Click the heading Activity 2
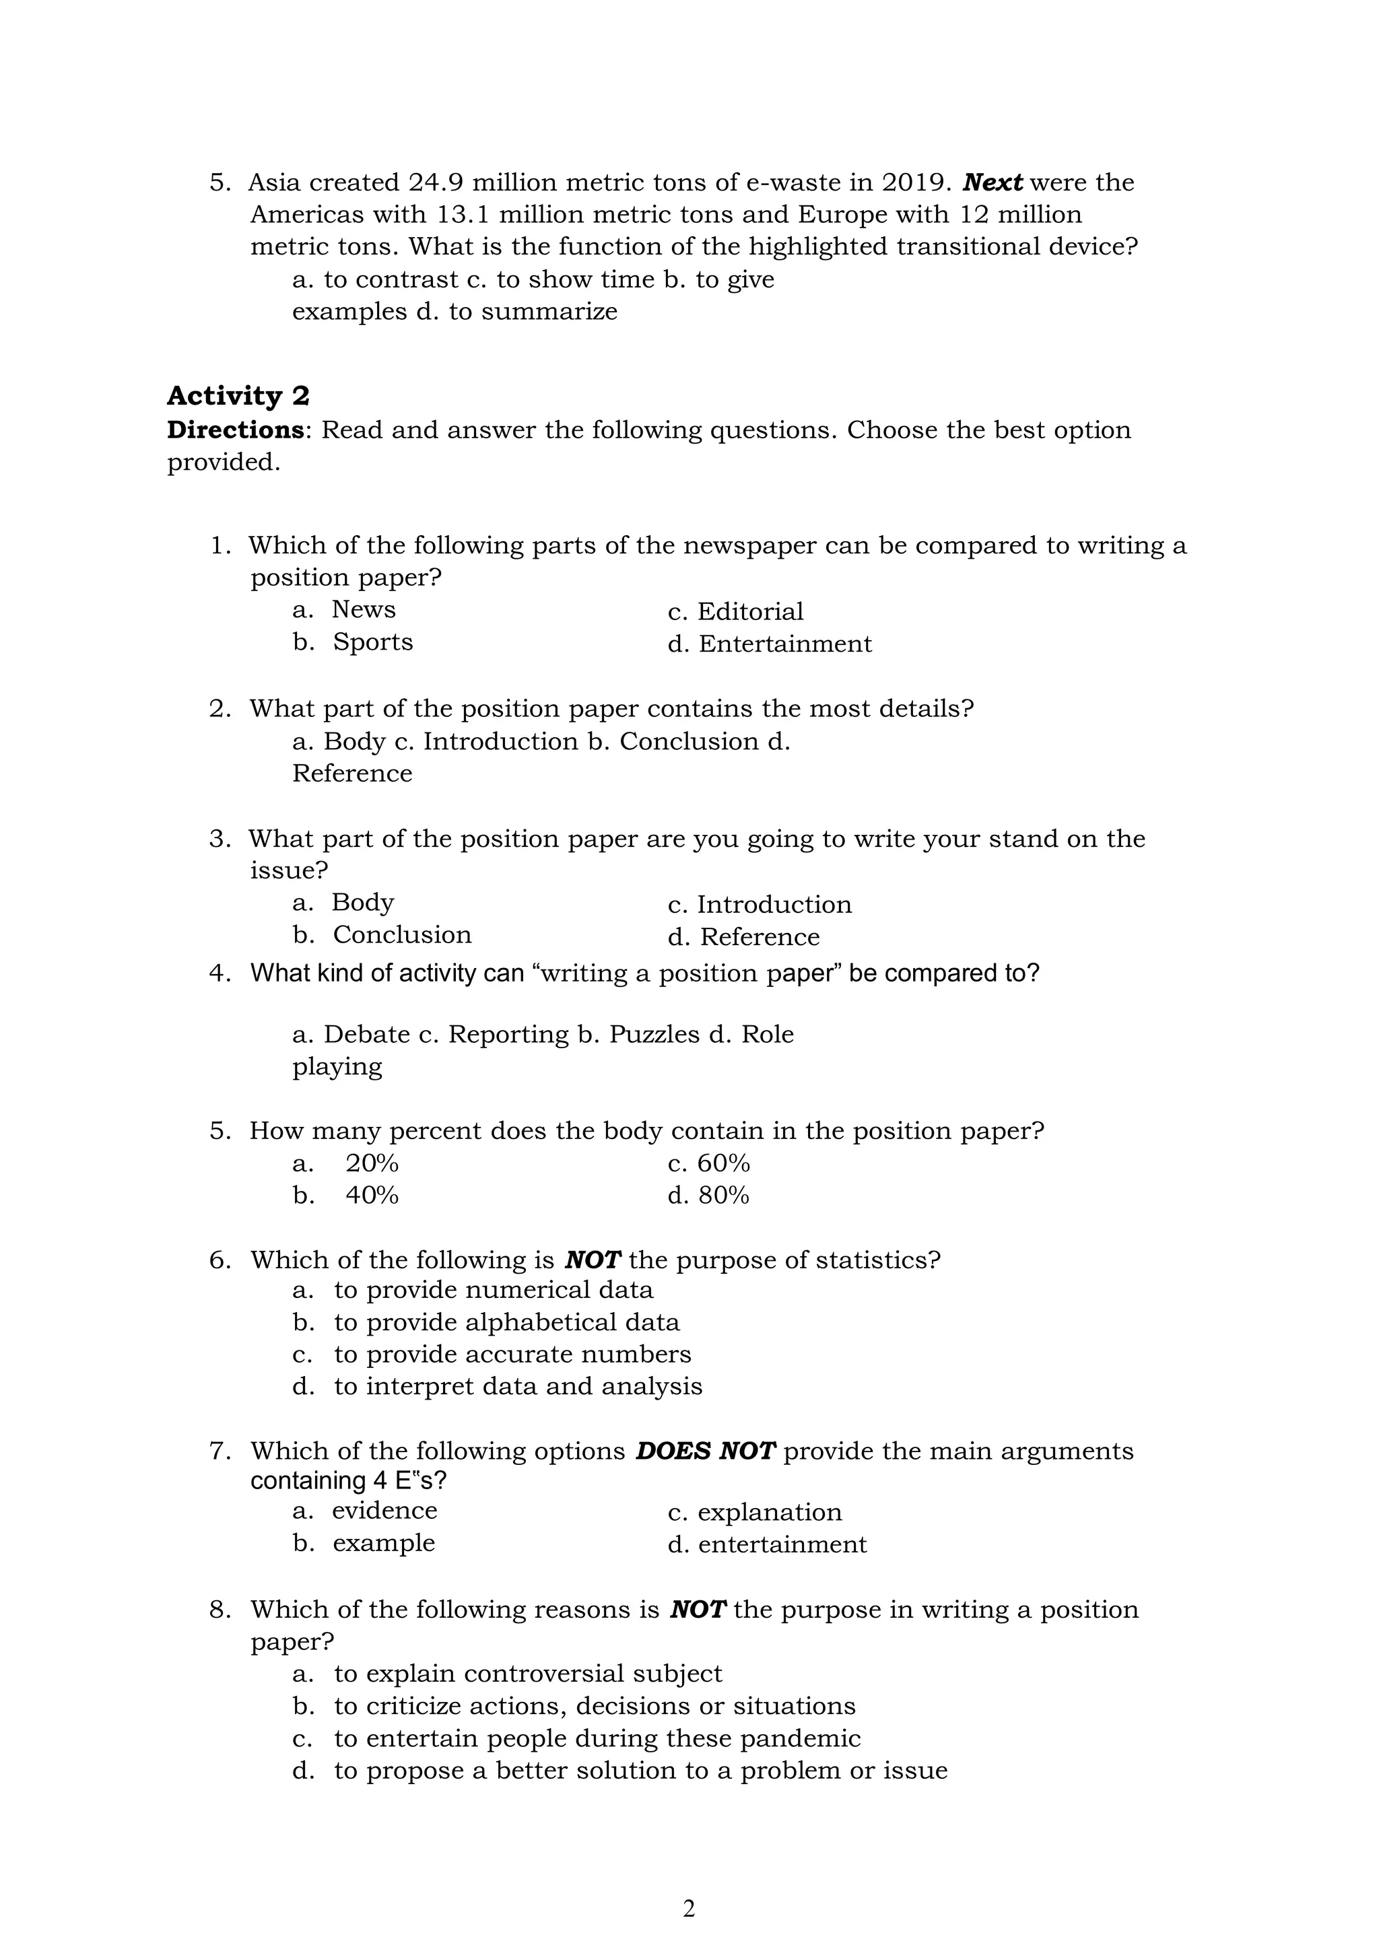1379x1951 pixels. point(238,396)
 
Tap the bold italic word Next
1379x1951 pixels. point(993,182)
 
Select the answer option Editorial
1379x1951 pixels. point(749,612)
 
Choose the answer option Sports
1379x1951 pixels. point(372,642)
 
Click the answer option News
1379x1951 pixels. point(364,609)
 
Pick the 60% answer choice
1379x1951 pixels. point(723,1163)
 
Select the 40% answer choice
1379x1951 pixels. point(371,1196)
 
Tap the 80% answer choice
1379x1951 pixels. point(723,1196)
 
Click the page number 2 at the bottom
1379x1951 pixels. point(689,1909)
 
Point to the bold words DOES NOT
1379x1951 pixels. point(705,1451)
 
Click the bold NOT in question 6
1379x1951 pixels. point(593,1260)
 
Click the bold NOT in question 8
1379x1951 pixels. point(698,1610)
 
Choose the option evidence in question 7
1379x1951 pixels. point(384,1510)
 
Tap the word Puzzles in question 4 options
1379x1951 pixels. point(653,1034)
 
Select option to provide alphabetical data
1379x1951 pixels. point(506,1322)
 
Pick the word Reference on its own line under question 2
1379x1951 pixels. point(351,774)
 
